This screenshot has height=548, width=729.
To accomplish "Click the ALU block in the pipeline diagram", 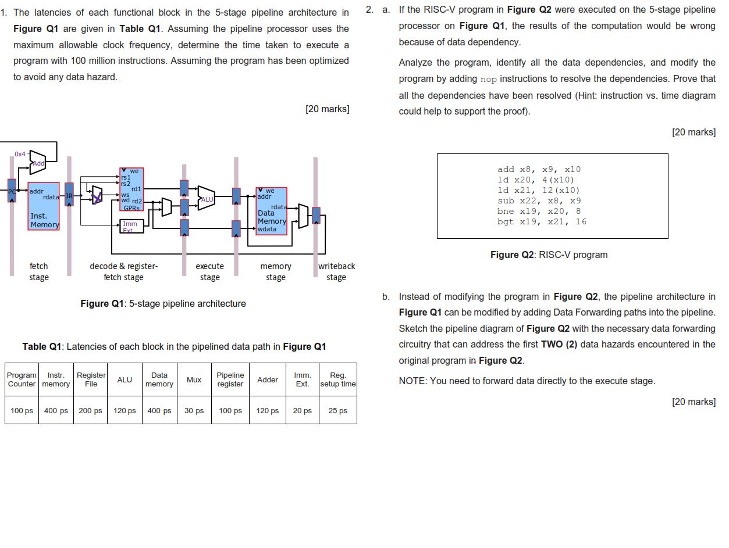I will pyautogui.click(x=206, y=199).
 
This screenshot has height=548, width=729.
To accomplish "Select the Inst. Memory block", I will pyautogui.click(x=44, y=206).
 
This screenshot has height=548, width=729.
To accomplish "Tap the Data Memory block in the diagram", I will pyautogui.click(x=271, y=211).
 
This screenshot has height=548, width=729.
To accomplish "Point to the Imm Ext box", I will pyautogui.click(x=130, y=226).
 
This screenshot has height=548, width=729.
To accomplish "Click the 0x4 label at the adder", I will pyautogui.click(x=20, y=154).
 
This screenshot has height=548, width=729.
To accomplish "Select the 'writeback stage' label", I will pyautogui.click(x=336, y=271).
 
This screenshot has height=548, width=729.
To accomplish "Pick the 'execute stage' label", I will pyautogui.click(x=209, y=271).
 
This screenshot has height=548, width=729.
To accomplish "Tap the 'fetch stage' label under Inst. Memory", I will pyautogui.click(x=39, y=271).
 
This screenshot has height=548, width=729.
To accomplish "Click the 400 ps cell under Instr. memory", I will pyautogui.click(x=56, y=410).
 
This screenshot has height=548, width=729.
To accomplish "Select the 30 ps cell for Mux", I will pyautogui.click(x=194, y=410).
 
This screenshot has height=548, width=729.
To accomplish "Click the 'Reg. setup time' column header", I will pyautogui.click(x=337, y=379).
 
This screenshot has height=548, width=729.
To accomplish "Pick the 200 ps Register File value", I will pyautogui.click(x=91, y=410).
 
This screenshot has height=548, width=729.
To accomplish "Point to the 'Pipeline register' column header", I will pyautogui.click(x=230, y=379).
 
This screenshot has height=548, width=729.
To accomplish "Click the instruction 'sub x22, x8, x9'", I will pyautogui.click(x=539, y=200).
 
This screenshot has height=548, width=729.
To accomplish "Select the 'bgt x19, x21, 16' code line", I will pyautogui.click(x=542, y=221).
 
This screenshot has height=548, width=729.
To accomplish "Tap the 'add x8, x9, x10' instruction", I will pyautogui.click(x=539, y=169).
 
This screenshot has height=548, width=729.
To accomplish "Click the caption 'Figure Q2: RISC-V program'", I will pyautogui.click(x=549, y=255).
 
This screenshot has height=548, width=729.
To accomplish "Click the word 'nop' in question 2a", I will pyautogui.click(x=488, y=79).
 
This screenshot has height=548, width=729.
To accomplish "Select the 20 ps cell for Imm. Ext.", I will pyautogui.click(x=302, y=410).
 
